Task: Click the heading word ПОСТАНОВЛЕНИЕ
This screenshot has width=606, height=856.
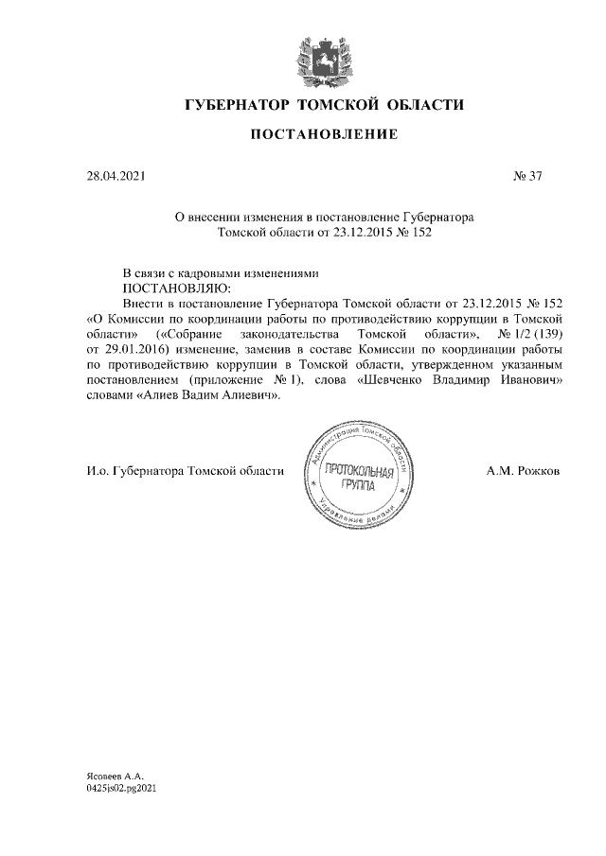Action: pos(323,136)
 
